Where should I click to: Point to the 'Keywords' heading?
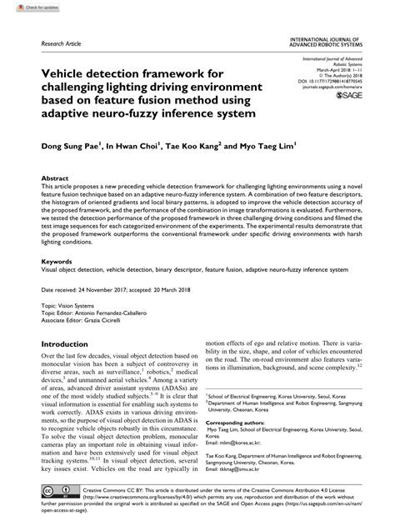point(57,262)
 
